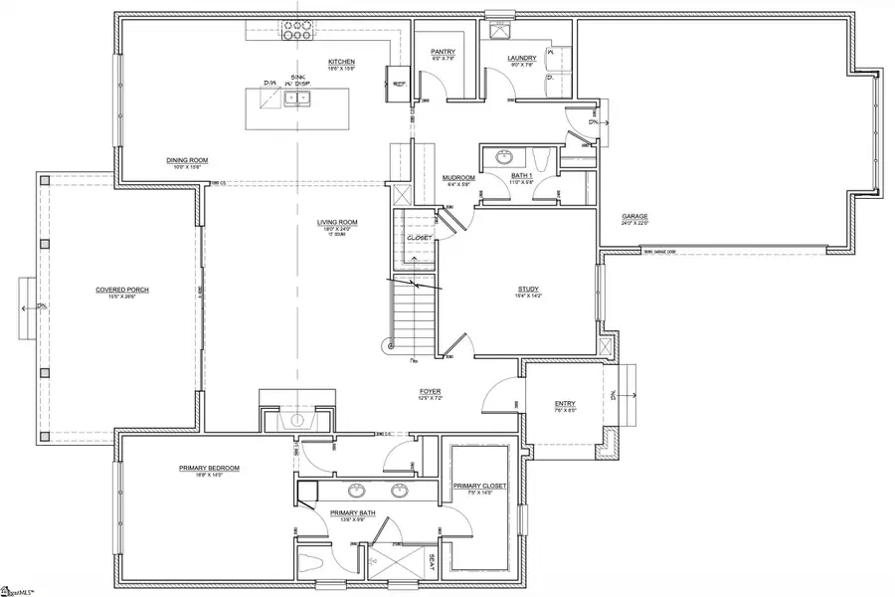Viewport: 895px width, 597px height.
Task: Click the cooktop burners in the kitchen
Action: click(295, 31)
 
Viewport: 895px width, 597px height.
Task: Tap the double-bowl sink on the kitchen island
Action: click(296, 98)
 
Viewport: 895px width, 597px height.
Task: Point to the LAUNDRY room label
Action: click(521, 58)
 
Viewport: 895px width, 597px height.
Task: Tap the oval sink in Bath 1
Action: click(504, 156)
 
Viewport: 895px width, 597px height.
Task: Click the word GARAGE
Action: click(634, 216)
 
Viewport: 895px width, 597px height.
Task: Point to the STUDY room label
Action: click(527, 290)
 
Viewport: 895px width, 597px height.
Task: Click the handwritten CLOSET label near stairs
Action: click(420, 238)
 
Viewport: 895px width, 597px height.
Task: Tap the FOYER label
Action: click(430, 391)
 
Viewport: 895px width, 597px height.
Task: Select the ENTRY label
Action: click(564, 403)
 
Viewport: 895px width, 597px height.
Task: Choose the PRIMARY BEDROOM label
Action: click(209, 468)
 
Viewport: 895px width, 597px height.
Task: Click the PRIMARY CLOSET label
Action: click(479, 486)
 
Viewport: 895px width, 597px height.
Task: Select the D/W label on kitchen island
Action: click(268, 84)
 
